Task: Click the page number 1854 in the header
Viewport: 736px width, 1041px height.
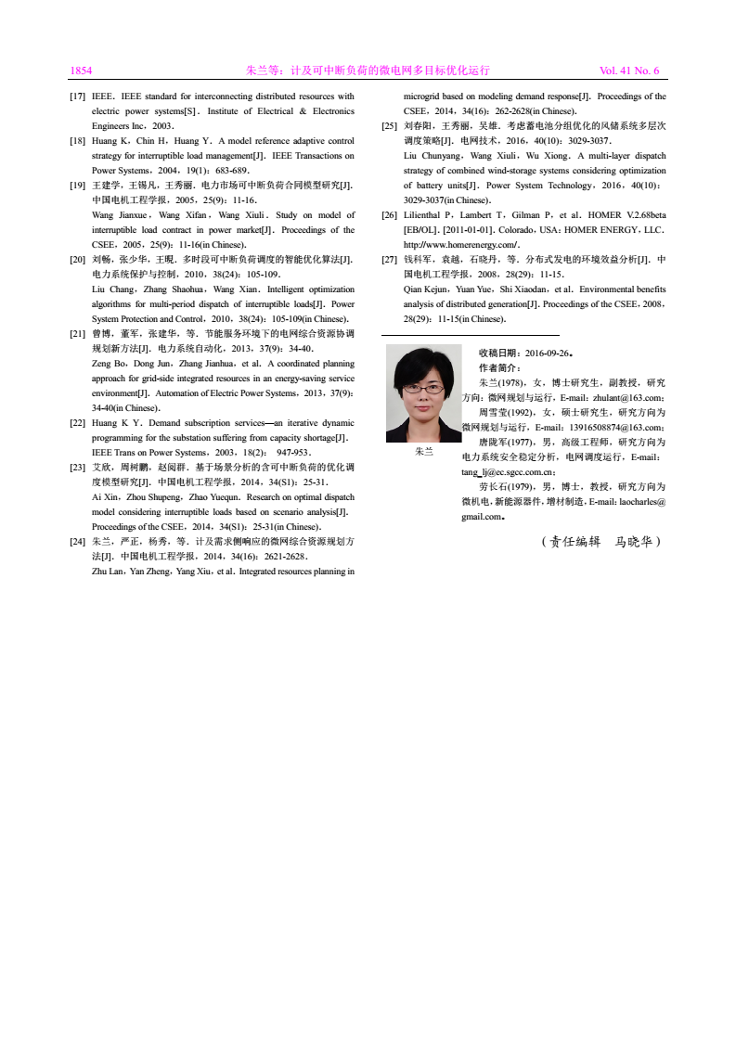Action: pos(81,71)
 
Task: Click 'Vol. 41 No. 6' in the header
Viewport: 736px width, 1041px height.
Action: pos(629,71)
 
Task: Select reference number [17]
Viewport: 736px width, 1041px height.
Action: pos(79,96)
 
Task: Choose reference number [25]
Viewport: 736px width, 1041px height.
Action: pos(391,124)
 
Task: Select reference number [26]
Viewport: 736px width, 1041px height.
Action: pos(391,214)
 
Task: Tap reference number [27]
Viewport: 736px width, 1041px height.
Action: pos(391,260)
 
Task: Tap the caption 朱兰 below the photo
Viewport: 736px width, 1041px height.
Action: pos(423,452)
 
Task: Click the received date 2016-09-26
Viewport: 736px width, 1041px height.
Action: pos(548,353)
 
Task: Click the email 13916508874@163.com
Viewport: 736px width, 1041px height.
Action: pos(608,427)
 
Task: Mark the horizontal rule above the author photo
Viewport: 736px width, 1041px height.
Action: pos(470,334)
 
